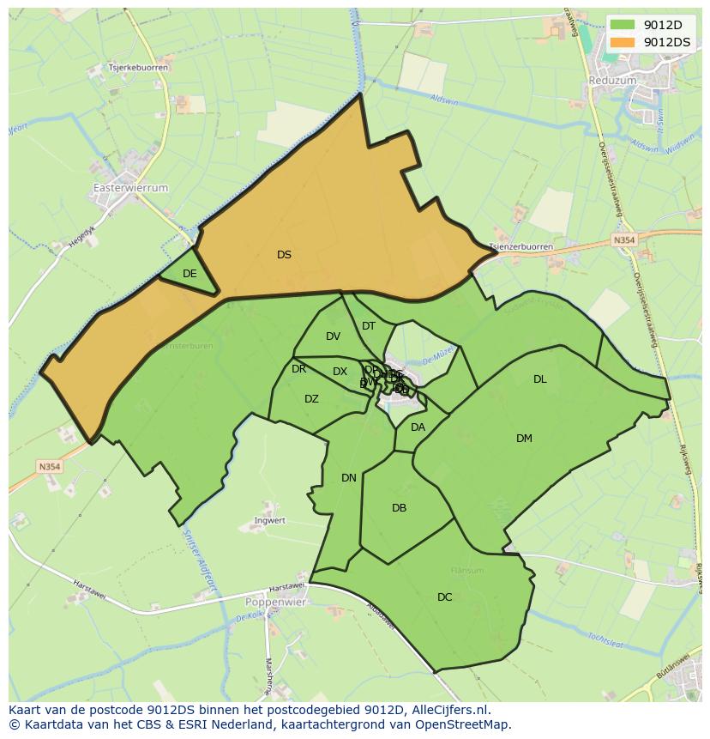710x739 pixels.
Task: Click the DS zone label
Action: click(284, 255)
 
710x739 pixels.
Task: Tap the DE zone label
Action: click(190, 274)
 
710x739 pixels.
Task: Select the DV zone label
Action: click(333, 336)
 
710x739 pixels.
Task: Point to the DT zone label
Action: click(369, 326)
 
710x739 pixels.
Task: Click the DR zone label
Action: click(298, 369)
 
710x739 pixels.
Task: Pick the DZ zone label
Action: click(311, 399)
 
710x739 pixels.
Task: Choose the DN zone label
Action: click(348, 478)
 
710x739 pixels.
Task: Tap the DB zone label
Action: click(399, 508)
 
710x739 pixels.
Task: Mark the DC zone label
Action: click(444, 597)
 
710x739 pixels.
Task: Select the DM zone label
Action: click(524, 439)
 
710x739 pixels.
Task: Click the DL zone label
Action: click(539, 379)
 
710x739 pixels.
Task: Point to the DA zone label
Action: click(418, 427)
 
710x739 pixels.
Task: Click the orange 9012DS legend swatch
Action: click(623, 42)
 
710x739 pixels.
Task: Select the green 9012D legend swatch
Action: click(623, 26)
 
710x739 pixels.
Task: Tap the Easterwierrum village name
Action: click(130, 187)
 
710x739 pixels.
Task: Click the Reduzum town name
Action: click(613, 80)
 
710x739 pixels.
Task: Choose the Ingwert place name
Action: click(269, 521)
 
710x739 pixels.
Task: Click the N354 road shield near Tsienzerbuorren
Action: click(624, 241)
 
